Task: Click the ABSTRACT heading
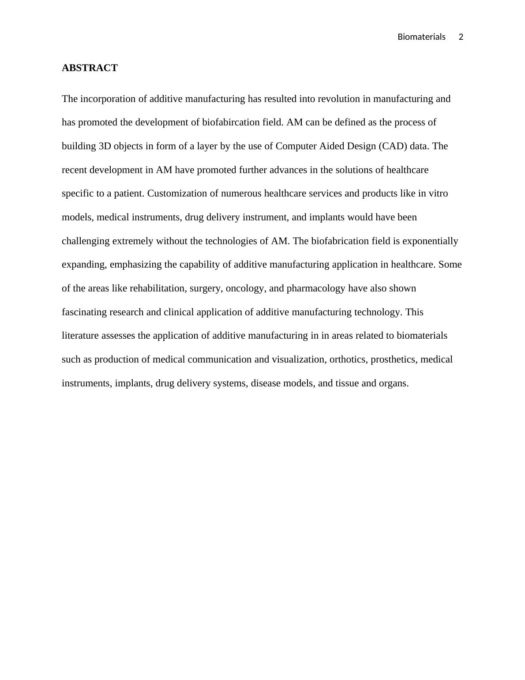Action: point(90,68)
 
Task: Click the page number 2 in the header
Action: point(461,37)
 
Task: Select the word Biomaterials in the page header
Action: point(421,37)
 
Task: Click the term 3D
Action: point(105,146)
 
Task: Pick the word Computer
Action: point(296,146)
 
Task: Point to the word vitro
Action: point(438,193)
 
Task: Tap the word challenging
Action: point(86,241)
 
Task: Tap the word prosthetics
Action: point(394,359)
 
